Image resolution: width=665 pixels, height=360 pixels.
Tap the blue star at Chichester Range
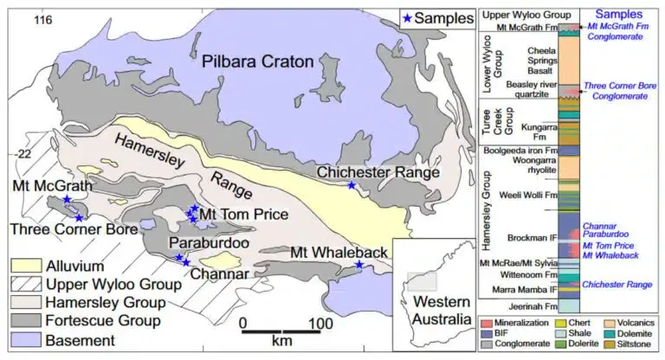click(x=351, y=186)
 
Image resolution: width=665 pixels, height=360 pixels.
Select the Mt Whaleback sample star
click(x=359, y=265)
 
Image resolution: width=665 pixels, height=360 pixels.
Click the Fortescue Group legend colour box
click(x=25, y=322)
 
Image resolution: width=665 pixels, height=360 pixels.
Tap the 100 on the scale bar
click(x=321, y=323)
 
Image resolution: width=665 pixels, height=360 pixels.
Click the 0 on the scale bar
click(x=245, y=323)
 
